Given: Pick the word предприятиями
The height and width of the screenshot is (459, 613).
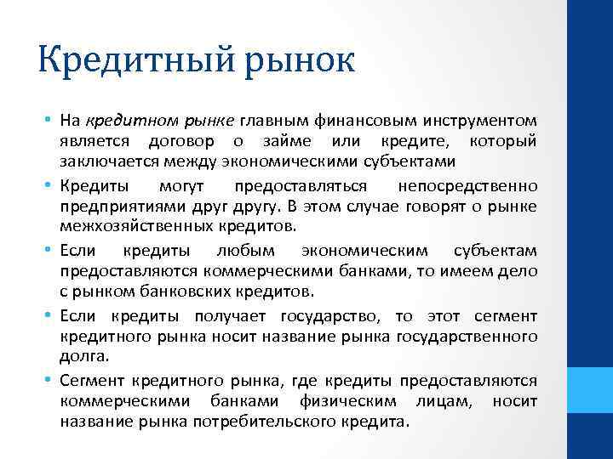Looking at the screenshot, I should point(114,207).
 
